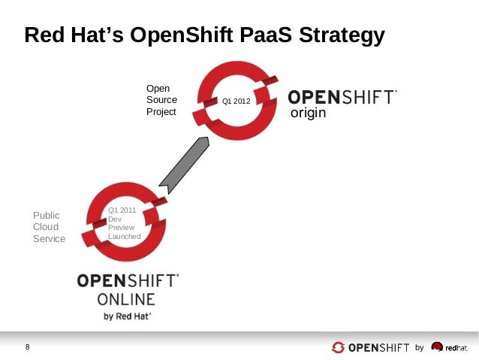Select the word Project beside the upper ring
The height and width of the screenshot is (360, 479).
[x=161, y=112]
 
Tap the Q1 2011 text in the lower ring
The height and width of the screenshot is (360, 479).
[x=122, y=210]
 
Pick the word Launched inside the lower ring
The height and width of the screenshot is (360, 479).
[x=125, y=236]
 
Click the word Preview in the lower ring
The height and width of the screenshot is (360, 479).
[x=122, y=227]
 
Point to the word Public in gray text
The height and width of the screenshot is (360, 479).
[x=45, y=216]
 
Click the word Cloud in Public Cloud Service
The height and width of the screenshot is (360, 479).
[x=45, y=227]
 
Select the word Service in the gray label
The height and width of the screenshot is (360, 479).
[x=48, y=239]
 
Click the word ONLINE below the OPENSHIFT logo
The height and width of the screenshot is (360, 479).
[x=127, y=299]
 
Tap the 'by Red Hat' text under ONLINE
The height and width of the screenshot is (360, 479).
[x=127, y=316]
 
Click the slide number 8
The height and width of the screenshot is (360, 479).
[x=28, y=346]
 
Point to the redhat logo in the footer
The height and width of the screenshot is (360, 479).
[x=450, y=347]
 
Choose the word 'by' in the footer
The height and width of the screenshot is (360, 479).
[x=420, y=347]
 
